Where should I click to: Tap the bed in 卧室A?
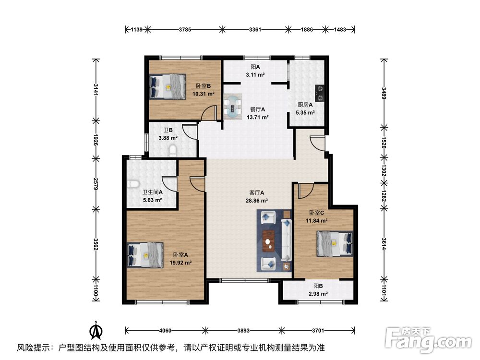click(x=145, y=254)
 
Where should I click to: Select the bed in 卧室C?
click(x=335, y=242)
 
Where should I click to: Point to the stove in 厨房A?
click(x=319, y=90)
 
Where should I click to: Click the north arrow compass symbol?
click(x=96, y=331)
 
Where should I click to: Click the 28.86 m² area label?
click(x=258, y=201)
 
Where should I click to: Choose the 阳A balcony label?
click(x=255, y=68)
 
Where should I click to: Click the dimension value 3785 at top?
click(x=185, y=30)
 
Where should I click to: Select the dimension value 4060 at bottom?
click(x=165, y=331)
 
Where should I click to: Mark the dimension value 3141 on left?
click(x=96, y=90)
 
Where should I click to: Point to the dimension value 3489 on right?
click(x=384, y=93)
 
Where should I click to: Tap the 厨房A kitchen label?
click(x=305, y=105)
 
